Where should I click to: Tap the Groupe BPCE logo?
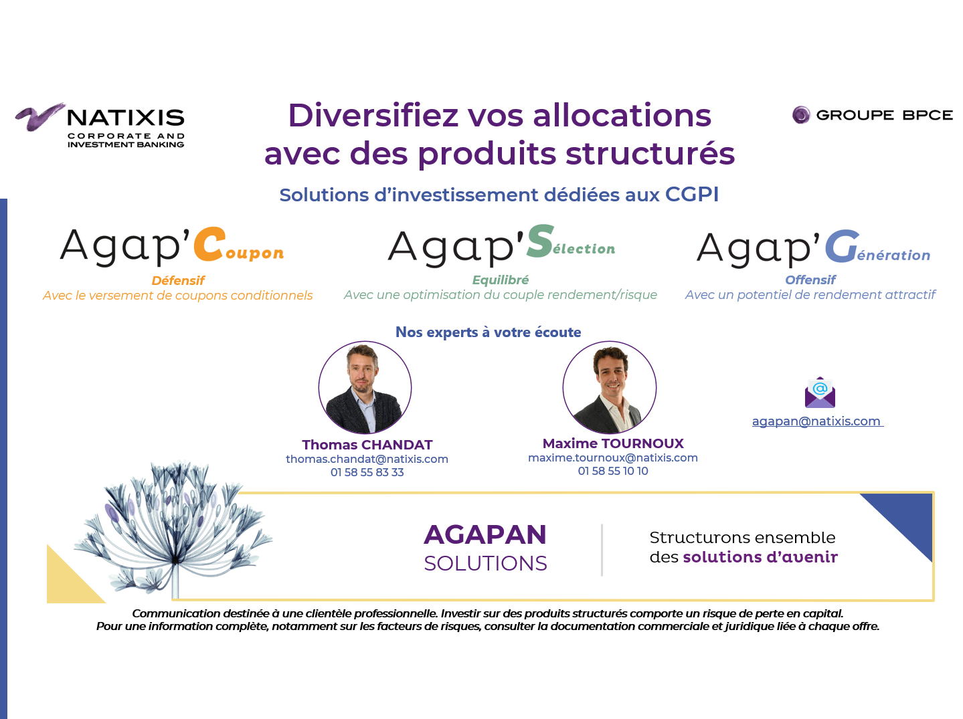872,115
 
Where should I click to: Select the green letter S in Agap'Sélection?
540,241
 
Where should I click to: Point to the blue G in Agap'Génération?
842,246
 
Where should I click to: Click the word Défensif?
178,280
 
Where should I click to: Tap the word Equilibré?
501,280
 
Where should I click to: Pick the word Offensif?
810,280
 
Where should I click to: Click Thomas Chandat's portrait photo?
365,388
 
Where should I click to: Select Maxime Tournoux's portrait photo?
610,387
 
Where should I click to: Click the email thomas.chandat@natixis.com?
367,459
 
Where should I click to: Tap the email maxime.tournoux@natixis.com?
613,457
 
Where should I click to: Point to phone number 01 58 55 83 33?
367,472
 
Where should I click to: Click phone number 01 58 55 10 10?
613,471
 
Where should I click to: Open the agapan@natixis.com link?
816,421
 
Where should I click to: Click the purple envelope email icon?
820,393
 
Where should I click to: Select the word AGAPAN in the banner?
485,534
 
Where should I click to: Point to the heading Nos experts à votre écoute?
489,332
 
